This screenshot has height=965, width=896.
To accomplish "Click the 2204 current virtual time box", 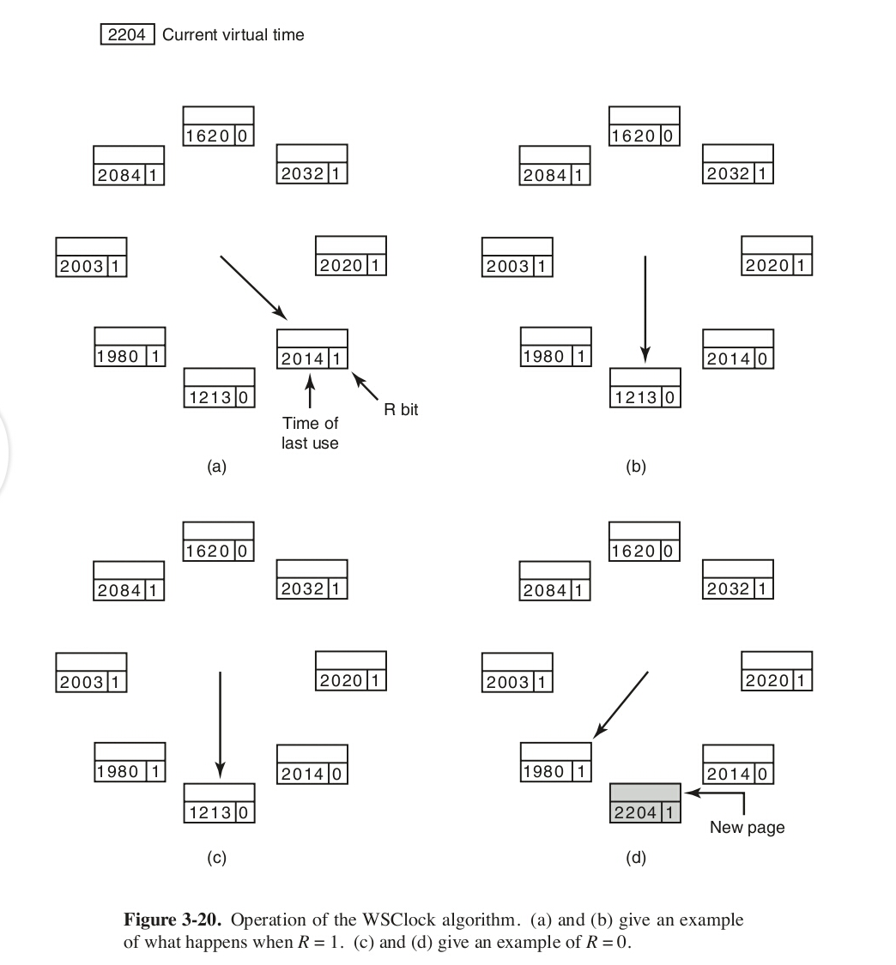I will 128,35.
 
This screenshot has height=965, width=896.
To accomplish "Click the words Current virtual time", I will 233,35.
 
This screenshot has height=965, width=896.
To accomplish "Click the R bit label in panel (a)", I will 401,410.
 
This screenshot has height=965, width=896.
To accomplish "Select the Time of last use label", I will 310,433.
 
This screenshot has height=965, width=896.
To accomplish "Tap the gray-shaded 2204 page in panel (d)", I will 645,803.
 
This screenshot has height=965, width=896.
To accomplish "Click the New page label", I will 747,828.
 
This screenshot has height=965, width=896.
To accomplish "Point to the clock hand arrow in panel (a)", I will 254,286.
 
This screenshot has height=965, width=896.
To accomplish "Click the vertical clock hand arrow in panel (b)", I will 645,309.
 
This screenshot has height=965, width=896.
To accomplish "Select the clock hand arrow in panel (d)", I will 621,703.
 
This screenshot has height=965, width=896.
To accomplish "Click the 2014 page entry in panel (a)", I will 312,350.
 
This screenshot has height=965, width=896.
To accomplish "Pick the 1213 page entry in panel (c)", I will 219,803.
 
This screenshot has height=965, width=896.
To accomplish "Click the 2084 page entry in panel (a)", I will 129,166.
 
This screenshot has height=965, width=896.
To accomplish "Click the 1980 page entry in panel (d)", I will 555,763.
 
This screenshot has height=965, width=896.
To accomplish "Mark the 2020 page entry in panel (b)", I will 777,256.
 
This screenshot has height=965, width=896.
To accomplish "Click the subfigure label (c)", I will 217,857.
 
